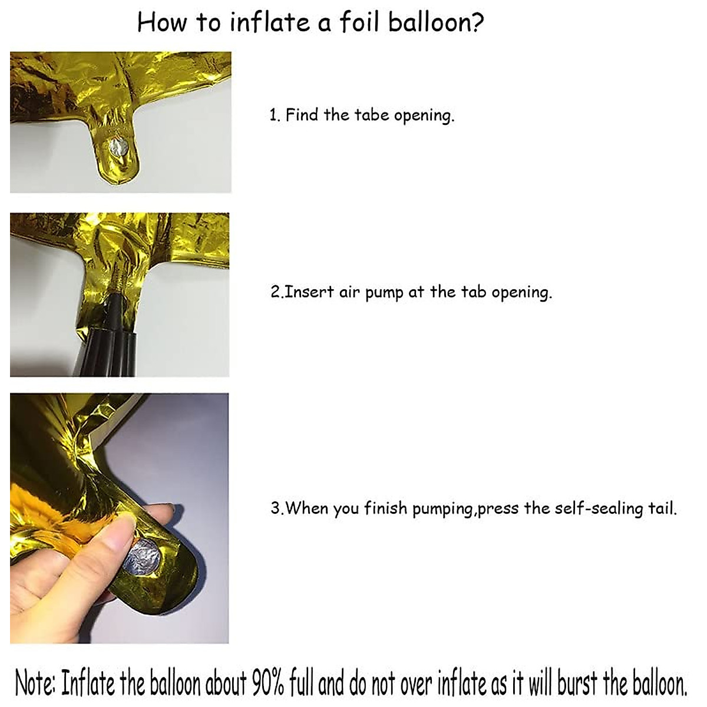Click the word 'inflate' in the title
[x=269, y=22]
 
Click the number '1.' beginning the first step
[x=275, y=115]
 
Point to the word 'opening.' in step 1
[x=424, y=115]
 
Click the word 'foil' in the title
[x=359, y=22]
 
